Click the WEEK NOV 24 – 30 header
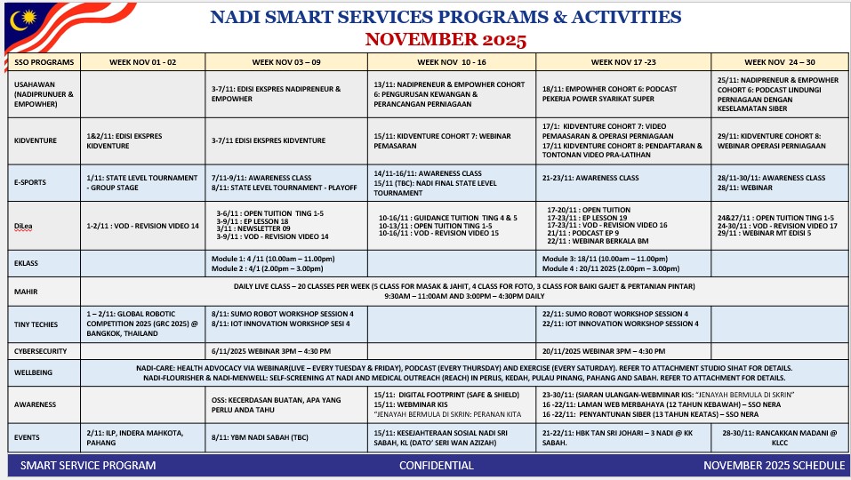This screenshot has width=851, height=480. pos(779,63)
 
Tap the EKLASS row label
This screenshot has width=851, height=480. pos(27,264)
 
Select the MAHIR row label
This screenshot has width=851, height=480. pos(24,291)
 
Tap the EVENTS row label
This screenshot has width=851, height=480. pos(28,437)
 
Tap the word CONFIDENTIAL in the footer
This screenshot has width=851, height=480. pos(437,465)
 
